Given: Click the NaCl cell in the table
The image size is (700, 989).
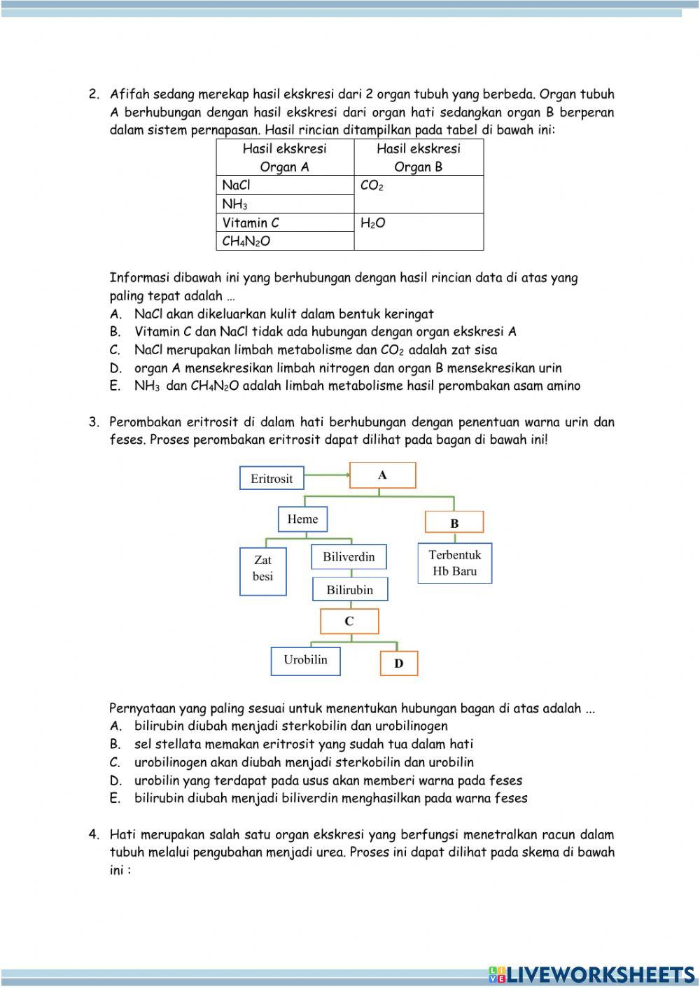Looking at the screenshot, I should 285,185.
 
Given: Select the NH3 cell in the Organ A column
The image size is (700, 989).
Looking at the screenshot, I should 285,204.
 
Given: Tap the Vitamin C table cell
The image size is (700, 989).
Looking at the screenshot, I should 285,223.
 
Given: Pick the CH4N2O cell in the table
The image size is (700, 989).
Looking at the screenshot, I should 285,241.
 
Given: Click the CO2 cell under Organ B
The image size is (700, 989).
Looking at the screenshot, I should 419,194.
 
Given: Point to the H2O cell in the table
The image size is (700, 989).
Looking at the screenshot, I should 419,232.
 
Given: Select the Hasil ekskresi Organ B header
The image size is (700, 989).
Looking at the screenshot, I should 419,157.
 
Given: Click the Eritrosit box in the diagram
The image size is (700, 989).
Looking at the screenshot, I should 272,479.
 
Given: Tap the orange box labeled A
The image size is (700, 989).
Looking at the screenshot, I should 382,475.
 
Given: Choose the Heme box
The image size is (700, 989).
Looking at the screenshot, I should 302,519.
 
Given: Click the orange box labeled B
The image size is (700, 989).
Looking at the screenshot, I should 454,523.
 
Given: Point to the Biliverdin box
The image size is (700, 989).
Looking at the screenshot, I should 349,557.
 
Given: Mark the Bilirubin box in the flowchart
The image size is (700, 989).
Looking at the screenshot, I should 349,589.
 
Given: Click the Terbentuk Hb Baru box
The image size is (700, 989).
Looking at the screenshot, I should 454,563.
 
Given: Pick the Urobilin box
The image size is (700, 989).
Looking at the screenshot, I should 305,660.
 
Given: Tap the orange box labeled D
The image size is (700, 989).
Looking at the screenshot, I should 398,664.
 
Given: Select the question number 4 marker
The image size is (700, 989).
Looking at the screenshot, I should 94,834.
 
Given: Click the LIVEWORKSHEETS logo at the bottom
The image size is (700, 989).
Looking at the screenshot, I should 591,974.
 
